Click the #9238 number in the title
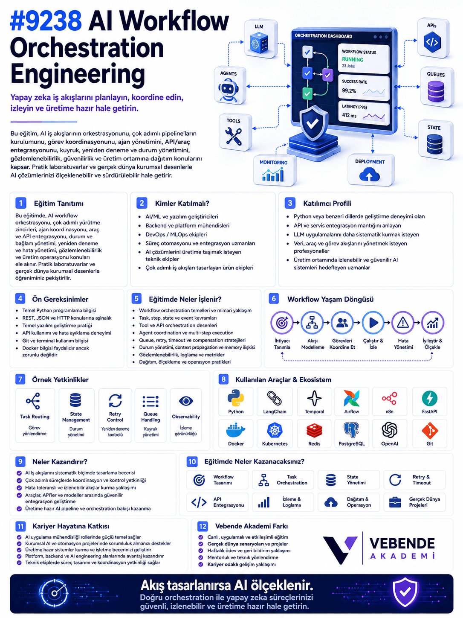click(46, 21)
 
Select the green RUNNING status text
click(353, 59)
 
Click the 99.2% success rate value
click(349, 90)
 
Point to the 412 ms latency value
click(349, 115)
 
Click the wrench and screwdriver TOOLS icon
click(234, 136)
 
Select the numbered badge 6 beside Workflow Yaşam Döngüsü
click(274, 298)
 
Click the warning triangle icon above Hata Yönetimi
click(403, 322)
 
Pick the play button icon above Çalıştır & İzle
click(373, 323)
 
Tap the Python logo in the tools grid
click(236, 398)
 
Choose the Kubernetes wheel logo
click(275, 430)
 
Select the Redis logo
click(314, 431)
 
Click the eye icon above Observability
click(186, 401)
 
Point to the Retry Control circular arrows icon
click(115, 401)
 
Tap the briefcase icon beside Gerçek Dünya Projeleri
click(395, 502)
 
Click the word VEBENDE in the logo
click(402, 543)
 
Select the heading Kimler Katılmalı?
click(182, 203)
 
